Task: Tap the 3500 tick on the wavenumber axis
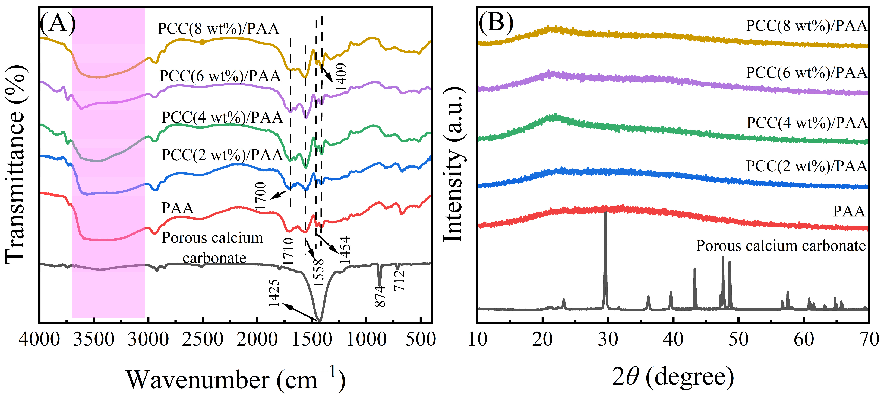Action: tap(94, 340)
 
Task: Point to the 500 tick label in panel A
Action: tap(420, 340)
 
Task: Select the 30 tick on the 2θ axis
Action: tap(608, 340)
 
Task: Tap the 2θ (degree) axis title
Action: tap(673, 377)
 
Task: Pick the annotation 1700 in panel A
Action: tap(261, 196)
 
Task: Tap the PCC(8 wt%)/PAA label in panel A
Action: tap(218, 28)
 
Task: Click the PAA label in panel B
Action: tap(849, 211)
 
